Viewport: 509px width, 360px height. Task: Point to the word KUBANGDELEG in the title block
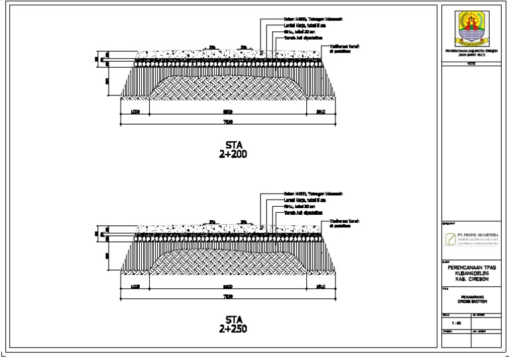point(471,273)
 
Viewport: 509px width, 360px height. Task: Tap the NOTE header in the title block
point(471,64)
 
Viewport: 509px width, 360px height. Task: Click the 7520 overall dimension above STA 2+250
point(227,296)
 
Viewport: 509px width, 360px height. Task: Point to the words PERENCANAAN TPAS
point(471,268)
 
